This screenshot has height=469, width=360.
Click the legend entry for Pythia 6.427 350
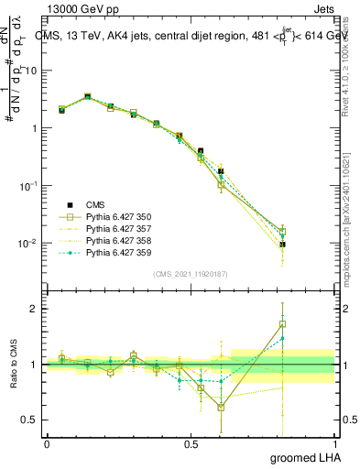(x=116, y=216)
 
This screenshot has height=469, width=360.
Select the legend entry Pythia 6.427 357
(x=116, y=228)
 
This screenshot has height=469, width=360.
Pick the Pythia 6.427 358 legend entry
(x=116, y=240)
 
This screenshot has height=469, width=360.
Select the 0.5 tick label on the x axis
(x=191, y=444)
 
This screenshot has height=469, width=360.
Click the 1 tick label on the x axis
(x=334, y=444)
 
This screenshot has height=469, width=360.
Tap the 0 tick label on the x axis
(x=47, y=444)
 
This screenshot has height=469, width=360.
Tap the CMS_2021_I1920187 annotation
(x=190, y=274)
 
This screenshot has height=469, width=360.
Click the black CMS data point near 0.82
(x=283, y=245)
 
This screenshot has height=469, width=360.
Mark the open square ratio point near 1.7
(x=283, y=323)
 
